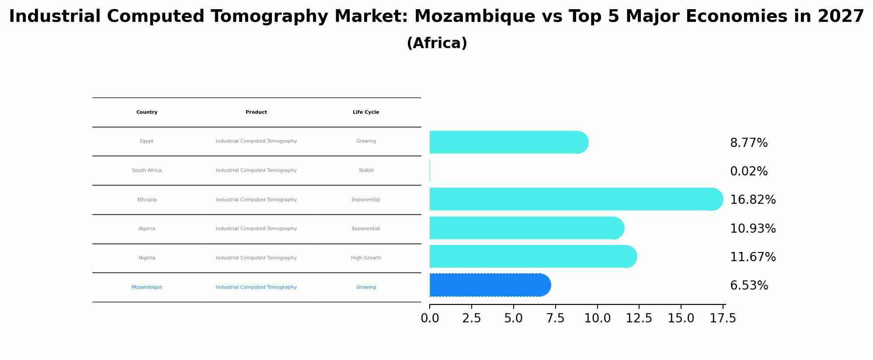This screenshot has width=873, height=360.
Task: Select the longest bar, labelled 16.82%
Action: click(x=575, y=199)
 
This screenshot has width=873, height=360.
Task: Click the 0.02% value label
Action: click(x=748, y=171)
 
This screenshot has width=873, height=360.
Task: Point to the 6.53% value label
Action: click(x=748, y=286)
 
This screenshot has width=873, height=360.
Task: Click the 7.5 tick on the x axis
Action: click(x=555, y=318)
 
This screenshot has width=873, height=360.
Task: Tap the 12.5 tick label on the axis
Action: click(x=639, y=318)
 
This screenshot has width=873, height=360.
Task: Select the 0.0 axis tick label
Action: click(x=430, y=318)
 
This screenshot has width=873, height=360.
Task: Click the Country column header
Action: click(x=147, y=112)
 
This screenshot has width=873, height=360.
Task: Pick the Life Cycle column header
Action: click(x=366, y=112)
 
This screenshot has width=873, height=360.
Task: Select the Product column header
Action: click(x=256, y=112)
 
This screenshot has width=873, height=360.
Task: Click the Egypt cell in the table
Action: click(x=146, y=141)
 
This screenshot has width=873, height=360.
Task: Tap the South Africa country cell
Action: click(x=147, y=171)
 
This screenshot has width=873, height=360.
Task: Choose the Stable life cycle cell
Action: click(x=366, y=171)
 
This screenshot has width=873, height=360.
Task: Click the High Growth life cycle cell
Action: click(x=366, y=258)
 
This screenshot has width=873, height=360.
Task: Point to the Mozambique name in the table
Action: click(x=147, y=287)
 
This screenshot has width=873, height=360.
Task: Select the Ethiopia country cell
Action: click(x=147, y=200)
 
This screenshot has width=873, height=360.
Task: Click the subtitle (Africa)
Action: click(x=437, y=43)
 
